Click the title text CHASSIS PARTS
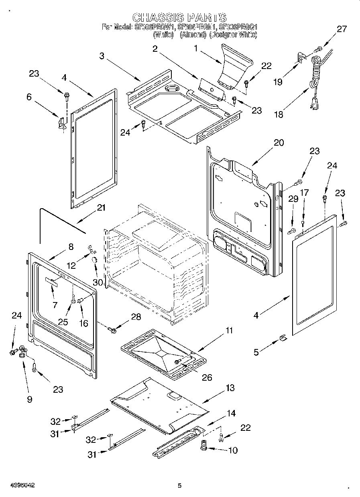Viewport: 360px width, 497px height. pyautogui.click(x=179, y=18)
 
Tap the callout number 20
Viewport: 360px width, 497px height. pyautogui.click(x=279, y=143)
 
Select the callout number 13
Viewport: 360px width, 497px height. pyautogui.click(x=230, y=388)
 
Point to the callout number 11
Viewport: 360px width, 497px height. pyautogui.click(x=229, y=331)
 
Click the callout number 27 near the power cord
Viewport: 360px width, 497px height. pyautogui.click(x=341, y=29)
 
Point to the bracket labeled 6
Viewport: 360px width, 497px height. pyautogui.click(x=62, y=122)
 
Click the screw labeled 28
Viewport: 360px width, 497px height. pyautogui.click(x=112, y=330)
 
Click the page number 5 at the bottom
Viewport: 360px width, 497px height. pyautogui.click(x=179, y=485)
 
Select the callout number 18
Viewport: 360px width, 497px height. pyautogui.click(x=278, y=114)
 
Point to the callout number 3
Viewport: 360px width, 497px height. pyautogui.click(x=102, y=56)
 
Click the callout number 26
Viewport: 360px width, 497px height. pyautogui.click(x=206, y=377)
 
